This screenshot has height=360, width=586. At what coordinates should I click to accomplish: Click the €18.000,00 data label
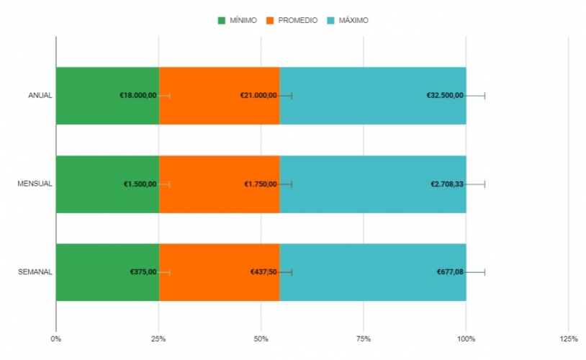click(138, 96)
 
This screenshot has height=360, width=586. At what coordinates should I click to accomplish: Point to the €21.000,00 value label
click(258, 96)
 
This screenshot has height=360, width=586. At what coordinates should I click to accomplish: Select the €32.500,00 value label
click(445, 96)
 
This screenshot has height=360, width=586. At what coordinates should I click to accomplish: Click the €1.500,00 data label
click(140, 184)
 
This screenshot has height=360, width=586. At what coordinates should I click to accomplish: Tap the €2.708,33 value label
click(447, 184)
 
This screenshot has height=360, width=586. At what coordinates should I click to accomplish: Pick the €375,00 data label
click(143, 272)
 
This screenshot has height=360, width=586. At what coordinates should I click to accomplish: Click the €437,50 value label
click(263, 272)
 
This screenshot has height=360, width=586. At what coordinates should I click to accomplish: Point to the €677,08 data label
click(450, 272)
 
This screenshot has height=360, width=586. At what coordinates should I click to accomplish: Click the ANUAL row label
click(40, 96)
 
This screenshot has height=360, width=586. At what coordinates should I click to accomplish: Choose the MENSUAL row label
click(35, 184)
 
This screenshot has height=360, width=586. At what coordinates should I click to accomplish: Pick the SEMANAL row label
click(35, 272)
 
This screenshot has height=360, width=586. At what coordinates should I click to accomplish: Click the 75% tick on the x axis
click(364, 338)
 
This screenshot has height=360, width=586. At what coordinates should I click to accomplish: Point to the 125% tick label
click(568, 338)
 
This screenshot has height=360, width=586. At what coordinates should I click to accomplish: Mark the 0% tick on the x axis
click(56, 338)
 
